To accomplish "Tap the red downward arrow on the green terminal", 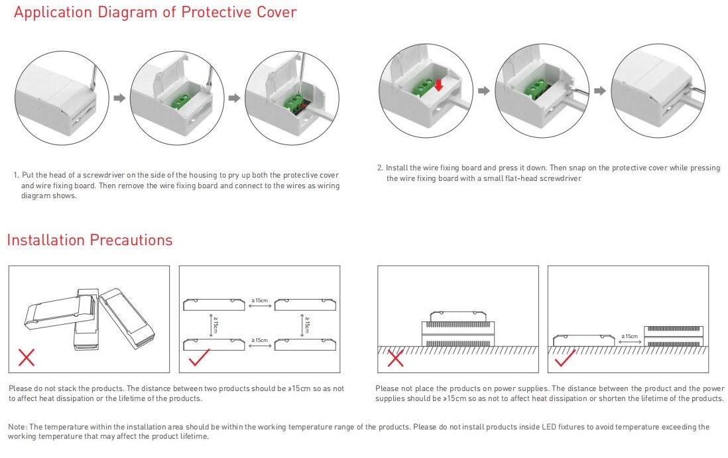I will click(x=438, y=85).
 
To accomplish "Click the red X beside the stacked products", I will click(x=27, y=358).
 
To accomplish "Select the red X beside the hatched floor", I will click(x=395, y=359).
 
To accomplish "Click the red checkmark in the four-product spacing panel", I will click(x=200, y=359).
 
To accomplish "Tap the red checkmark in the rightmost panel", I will click(x=564, y=359).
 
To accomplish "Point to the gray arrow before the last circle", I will click(x=599, y=91).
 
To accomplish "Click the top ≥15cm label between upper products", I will click(x=260, y=302).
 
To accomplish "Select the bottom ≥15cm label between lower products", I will click(x=260, y=341).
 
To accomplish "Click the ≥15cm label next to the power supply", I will click(x=629, y=337).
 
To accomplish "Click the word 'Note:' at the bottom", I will click(x=17, y=427).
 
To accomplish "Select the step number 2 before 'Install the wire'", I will click(x=380, y=168).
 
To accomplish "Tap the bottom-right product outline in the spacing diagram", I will click(x=305, y=344).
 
